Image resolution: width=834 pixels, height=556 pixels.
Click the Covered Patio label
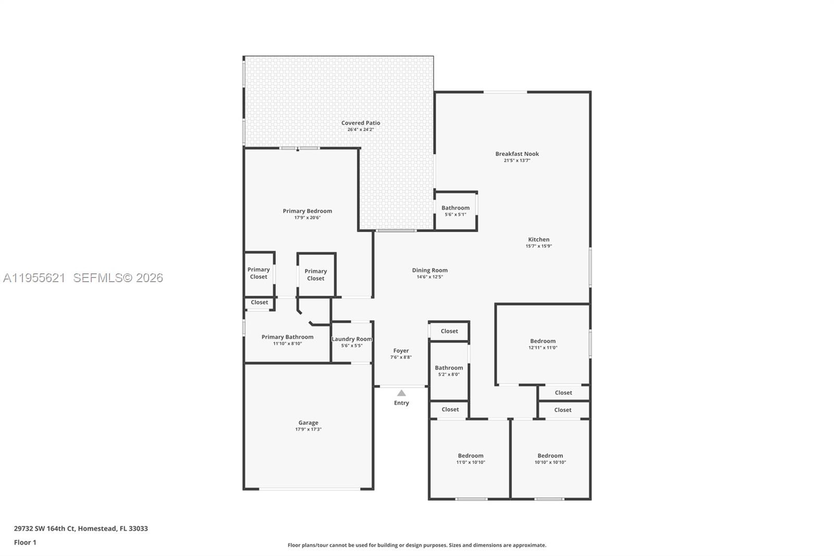[x=361, y=123]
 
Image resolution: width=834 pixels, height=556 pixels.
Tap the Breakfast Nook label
[x=517, y=154]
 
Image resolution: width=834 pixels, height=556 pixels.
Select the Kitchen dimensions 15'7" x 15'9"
[x=538, y=246]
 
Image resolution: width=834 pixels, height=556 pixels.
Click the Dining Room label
[x=430, y=270]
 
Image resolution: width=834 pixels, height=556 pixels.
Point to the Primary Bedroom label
[x=307, y=211]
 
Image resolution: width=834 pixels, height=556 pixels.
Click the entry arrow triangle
[x=401, y=393]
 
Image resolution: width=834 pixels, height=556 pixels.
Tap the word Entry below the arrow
[x=401, y=403]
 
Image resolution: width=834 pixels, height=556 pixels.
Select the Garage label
[x=308, y=423]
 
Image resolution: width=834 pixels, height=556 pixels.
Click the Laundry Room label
[x=352, y=339]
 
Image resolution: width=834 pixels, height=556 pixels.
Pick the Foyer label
[x=401, y=351]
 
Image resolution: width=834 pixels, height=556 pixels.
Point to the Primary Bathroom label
[x=287, y=337]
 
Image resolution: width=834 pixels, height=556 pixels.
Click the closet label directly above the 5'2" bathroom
[x=449, y=331]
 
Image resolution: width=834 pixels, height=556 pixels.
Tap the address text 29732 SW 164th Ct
[x=81, y=528]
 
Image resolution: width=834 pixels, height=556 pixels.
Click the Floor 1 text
[x=25, y=542]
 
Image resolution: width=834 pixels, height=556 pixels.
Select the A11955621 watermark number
[x=34, y=278]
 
